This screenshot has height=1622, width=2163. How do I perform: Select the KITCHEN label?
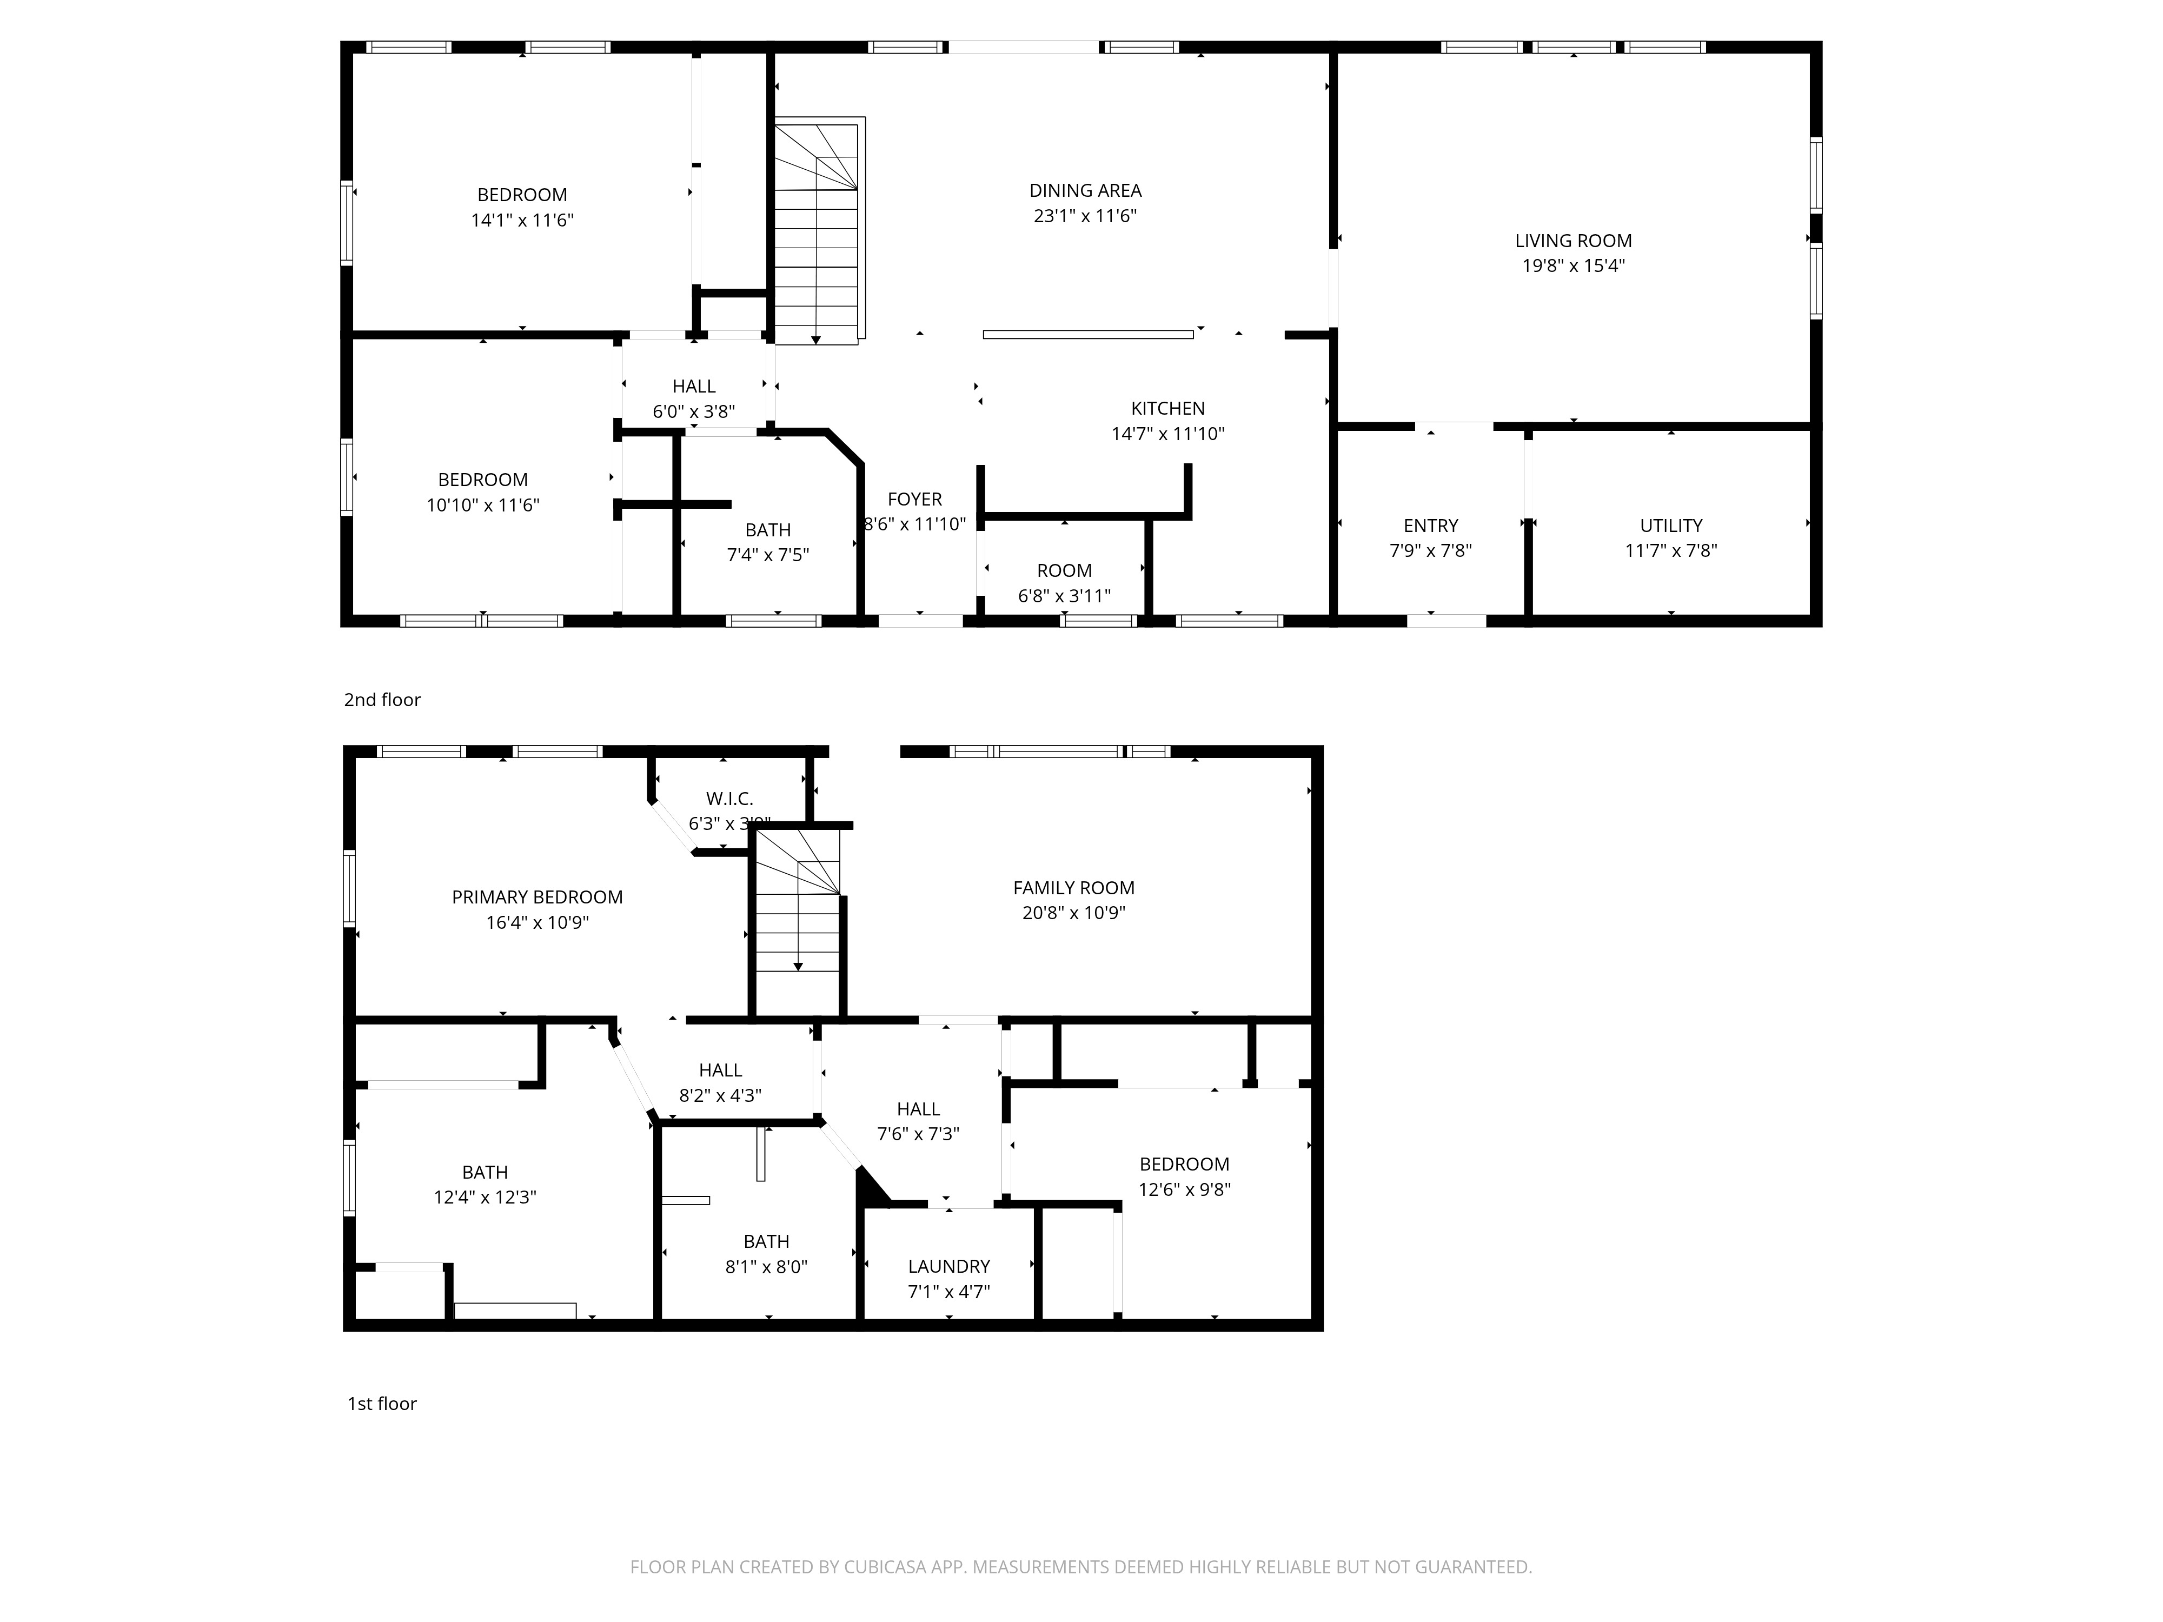coord(1167,409)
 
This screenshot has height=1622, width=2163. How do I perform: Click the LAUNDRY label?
coord(948,1266)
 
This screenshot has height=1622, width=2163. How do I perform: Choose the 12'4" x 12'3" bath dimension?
coord(485,1196)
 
